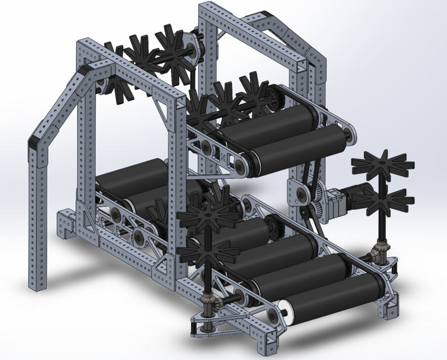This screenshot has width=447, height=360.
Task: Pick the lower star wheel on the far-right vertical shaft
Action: [387, 201]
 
